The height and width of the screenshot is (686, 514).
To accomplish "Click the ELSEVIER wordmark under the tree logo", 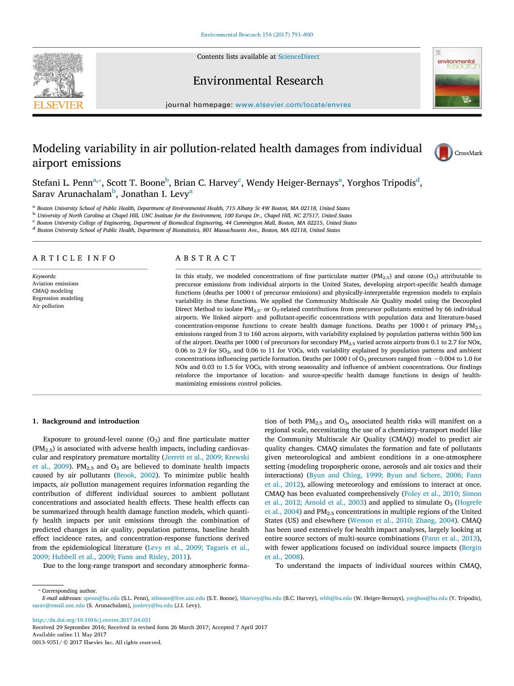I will (x=58, y=105).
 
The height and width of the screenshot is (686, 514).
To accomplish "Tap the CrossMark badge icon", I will (x=443, y=153).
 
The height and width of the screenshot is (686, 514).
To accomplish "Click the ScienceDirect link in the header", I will (x=298, y=57).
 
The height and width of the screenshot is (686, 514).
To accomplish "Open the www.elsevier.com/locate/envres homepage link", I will (x=292, y=105).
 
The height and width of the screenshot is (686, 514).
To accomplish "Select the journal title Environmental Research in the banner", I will (x=257, y=81).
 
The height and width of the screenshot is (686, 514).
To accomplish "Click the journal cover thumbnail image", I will (x=457, y=78).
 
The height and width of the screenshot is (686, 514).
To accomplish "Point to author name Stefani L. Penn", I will (x=62, y=183).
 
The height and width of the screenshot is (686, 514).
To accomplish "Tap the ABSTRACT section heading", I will (x=206, y=258).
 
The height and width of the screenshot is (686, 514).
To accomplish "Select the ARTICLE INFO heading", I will (x=74, y=258).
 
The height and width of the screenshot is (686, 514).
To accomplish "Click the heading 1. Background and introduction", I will (x=86, y=422).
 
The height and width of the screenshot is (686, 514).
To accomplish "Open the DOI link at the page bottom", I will (x=91, y=620).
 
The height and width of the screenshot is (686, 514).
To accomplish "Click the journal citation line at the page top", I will (x=257, y=35).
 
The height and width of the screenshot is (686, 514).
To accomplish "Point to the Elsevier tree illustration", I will (x=58, y=75).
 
